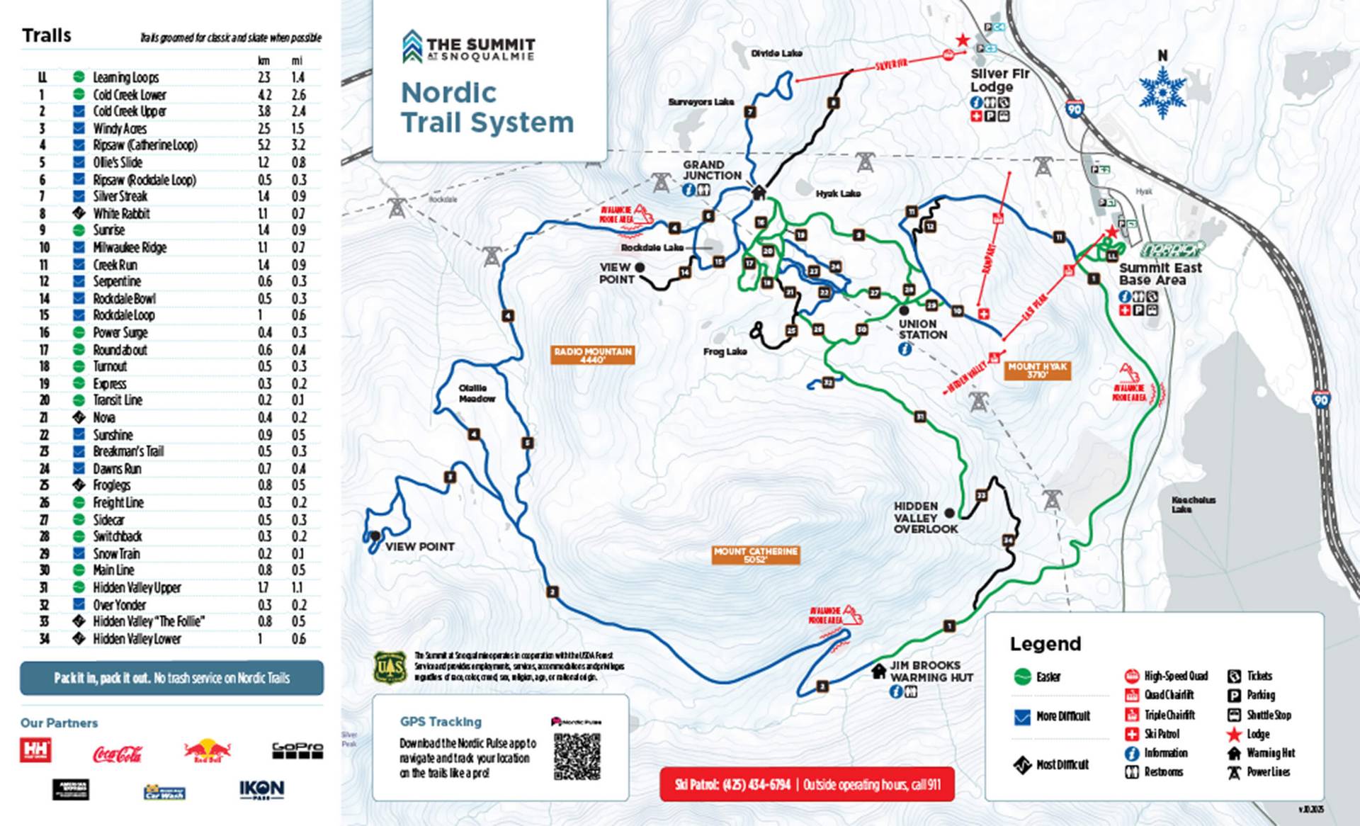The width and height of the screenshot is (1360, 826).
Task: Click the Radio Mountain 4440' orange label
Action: click(592, 355)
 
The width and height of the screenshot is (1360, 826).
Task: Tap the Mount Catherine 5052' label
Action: click(756, 555)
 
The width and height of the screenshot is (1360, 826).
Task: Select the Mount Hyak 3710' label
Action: click(1037, 370)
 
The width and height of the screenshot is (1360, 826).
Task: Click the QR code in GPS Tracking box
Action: click(577, 757)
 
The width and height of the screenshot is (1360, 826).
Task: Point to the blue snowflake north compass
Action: click(1162, 93)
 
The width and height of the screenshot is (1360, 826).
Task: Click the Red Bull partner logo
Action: click(207, 751)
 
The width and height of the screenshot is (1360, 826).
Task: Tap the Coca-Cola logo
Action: click(118, 754)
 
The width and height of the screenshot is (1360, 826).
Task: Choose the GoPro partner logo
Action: click(297, 750)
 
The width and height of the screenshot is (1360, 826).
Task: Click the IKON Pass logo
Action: click(261, 789)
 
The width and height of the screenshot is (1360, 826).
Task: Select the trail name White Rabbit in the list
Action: click(122, 213)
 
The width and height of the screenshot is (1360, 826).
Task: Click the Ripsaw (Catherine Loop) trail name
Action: click(145, 145)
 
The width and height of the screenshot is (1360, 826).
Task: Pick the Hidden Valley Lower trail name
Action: click(137, 639)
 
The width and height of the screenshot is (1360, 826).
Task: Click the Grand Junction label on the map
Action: click(712, 170)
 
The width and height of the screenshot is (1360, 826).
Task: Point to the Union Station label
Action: click(922, 329)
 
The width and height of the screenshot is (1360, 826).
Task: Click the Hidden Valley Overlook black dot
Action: click(950, 513)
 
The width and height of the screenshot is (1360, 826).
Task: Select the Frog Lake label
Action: click(725, 351)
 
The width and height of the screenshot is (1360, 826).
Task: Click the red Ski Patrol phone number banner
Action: click(807, 784)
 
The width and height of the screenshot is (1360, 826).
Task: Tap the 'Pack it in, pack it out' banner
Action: click(171, 678)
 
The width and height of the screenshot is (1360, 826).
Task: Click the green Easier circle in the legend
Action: click(1021, 677)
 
